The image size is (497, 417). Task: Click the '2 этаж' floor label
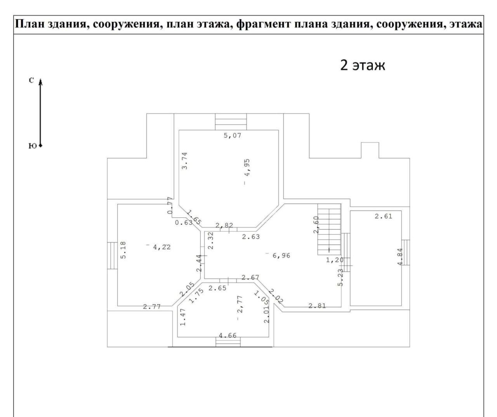pos(362,65)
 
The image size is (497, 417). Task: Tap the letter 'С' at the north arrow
pos(31,81)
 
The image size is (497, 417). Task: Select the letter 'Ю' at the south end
pos(33,146)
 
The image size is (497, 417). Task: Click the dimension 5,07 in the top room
pos(232,136)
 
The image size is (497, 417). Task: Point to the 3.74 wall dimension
pos(184,161)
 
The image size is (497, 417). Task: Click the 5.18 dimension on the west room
pos(123,250)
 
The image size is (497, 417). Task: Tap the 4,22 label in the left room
pos(162,247)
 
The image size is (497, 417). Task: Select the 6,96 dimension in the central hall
pos(282,256)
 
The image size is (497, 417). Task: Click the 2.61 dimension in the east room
pos(383,216)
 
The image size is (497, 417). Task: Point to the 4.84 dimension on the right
pos(400,257)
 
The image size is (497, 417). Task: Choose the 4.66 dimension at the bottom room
pos(228,336)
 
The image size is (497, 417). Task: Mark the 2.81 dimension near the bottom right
pos(317,306)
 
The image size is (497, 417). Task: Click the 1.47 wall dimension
pos(183,317)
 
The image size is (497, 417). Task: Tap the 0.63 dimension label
pos(184,223)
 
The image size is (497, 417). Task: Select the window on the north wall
pos(231,122)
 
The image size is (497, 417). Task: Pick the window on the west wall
pos(112,256)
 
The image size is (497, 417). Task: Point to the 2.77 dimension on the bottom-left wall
pos(152,307)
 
